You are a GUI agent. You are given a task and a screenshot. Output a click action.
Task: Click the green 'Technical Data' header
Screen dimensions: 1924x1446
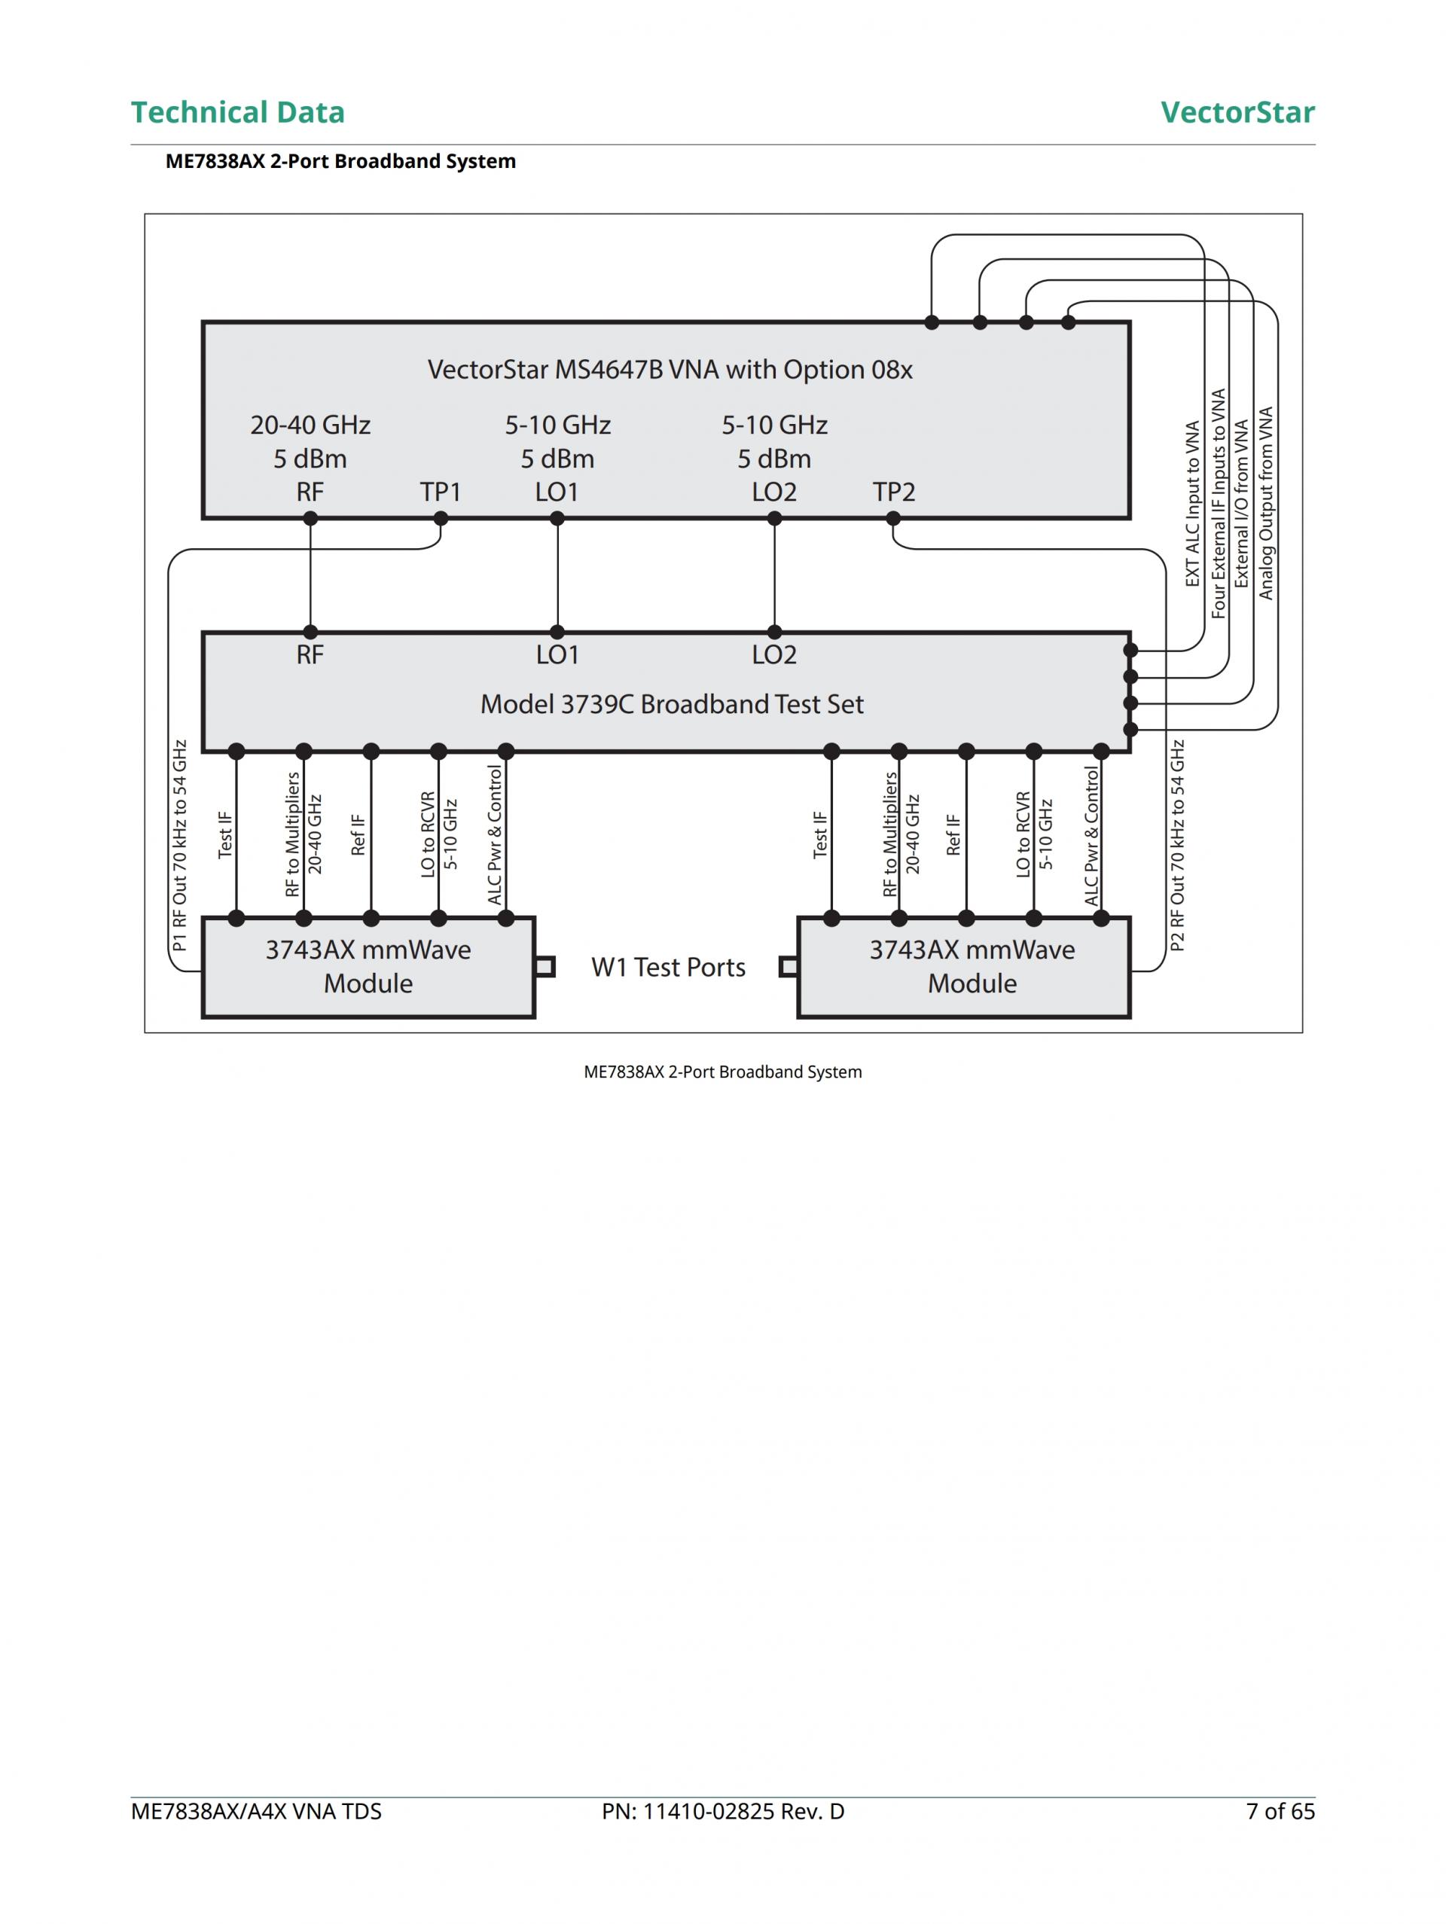click(x=237, y=112)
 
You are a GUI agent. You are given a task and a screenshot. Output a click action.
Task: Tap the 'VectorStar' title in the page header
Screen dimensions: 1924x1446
click(x=1237, y=112)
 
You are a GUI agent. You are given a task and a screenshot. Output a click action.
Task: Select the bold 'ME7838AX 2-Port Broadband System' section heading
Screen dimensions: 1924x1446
click(x=340, y=161)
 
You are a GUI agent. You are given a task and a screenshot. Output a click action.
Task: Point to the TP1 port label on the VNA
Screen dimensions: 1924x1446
click(x=441, y=492)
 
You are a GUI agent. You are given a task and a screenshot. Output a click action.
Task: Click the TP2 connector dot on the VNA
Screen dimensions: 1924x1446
click(x=892, y=518)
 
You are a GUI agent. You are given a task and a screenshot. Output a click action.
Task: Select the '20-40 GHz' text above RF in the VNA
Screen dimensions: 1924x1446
click(x=310, y=425)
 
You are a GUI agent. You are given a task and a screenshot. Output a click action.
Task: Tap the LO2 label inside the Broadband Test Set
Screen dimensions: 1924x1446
click(x=774, y=655)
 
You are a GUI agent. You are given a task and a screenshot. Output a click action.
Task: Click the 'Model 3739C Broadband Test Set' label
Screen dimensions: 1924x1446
click(x=672, y=703)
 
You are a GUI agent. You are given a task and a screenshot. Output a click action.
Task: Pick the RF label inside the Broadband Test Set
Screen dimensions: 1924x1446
click(x=310, y=655)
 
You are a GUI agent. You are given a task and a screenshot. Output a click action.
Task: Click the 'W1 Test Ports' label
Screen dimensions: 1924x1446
click(x=668, y=967)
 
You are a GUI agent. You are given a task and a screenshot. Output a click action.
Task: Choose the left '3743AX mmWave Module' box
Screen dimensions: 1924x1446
click(x=368, y=966)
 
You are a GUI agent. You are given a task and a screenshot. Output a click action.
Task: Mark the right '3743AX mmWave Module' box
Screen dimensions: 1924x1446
click(x=972, y=966)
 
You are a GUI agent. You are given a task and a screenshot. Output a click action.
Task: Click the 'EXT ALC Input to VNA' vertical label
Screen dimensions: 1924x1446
click(x=1193, y=504)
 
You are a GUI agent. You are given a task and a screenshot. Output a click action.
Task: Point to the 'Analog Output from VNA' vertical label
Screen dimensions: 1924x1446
click(x=1266, y=504)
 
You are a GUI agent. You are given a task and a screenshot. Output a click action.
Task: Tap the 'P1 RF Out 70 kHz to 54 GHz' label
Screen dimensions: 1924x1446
click(x=180, y=846)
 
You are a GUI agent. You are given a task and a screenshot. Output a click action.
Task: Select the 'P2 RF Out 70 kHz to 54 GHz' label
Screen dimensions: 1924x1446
click(x=1177, y=846)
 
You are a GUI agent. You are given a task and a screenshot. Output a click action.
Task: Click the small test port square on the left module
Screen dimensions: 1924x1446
click(x=545, y=966)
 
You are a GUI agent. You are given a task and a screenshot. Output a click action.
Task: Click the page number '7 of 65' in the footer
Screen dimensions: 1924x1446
click(x=1280, y=1811)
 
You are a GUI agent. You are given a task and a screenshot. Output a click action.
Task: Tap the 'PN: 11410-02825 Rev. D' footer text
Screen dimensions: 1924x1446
click(x=723, y=1811)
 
